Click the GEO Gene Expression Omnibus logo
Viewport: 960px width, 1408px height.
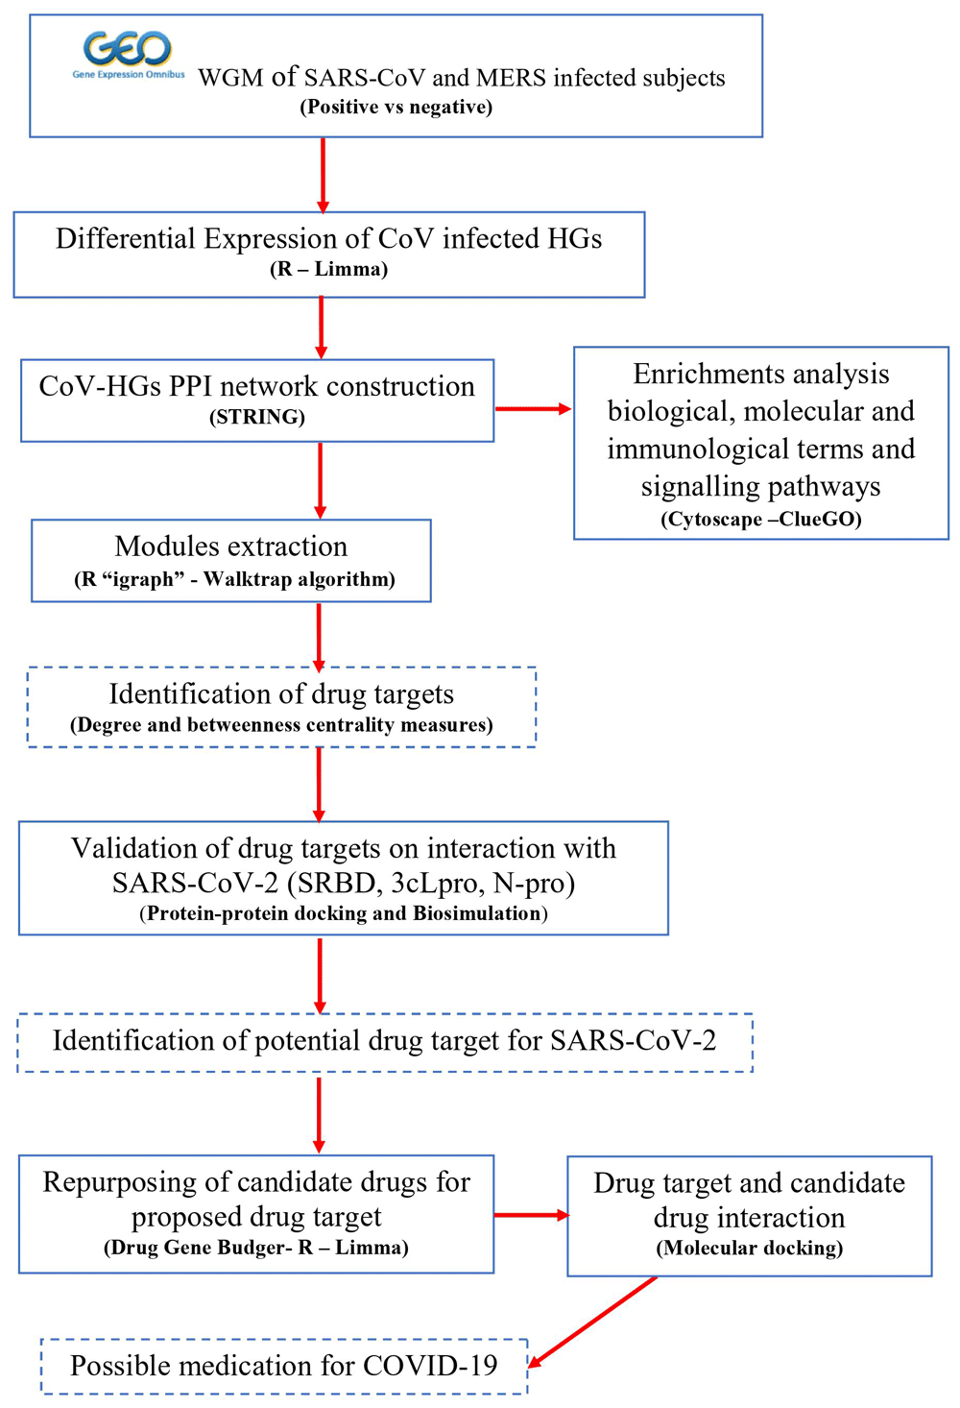pos(128,54)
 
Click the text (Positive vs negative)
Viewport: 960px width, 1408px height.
pos(396,107)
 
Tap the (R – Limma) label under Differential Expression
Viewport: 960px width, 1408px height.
pos(328,269)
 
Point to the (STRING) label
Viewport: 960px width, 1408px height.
pos(257,417)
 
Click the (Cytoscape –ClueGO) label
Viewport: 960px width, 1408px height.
pos(760,520)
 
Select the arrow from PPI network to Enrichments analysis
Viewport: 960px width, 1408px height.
pos(533,409)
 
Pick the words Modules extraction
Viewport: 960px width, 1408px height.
pos(231,546)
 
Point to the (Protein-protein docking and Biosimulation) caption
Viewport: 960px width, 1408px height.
pos(344,913)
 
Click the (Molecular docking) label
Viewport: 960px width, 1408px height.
pos(749,1248)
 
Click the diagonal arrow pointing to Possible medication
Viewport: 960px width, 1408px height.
pos(592,1322)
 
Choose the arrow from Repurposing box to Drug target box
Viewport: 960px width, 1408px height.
pos(531,1215)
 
